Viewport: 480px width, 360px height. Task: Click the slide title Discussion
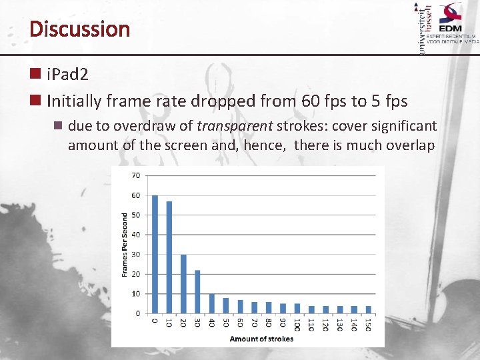point(79,29)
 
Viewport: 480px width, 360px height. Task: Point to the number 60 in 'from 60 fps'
point(311,101)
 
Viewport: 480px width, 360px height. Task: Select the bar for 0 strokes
point(155,254)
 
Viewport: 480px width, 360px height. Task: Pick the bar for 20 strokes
point(183,283)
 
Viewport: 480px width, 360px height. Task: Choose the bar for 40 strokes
point(211,303)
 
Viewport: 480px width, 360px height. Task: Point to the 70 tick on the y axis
point(135,176)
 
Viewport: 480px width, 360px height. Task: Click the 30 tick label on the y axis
point(135,254)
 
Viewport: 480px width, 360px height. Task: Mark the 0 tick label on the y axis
point(137,313)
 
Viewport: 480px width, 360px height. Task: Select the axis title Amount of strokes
point(257,339)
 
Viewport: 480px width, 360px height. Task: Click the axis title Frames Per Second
point(124,245)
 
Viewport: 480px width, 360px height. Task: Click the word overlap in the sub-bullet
point(409,145)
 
